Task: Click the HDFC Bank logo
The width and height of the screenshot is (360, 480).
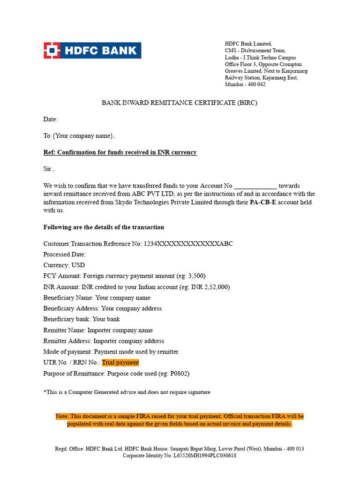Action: (x=92, y=50)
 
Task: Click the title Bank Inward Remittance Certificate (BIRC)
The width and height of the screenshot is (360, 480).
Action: (x=180, y=103)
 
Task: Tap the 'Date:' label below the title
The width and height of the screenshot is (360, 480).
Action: (x=51, y=120)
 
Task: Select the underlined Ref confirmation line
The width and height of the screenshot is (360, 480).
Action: (x=120, y=152)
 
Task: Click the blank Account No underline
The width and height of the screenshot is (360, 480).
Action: (x=255, y=186)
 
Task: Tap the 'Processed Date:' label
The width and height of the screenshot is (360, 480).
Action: (x=65, y=255)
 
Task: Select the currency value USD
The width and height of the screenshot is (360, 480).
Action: (x=78, y=265)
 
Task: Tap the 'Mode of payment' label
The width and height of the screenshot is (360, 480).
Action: (x=68, y=352)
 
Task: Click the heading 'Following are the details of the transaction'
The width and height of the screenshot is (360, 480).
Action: (x=104, y=227)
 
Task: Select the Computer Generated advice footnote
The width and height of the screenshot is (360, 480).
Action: (x=127, y=392)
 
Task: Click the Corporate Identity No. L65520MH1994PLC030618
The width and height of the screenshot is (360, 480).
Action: (x=205, y=456)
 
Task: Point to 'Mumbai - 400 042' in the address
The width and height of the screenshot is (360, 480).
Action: (x=245, y=84)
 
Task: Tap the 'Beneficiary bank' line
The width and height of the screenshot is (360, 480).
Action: (x=82, y=319)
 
